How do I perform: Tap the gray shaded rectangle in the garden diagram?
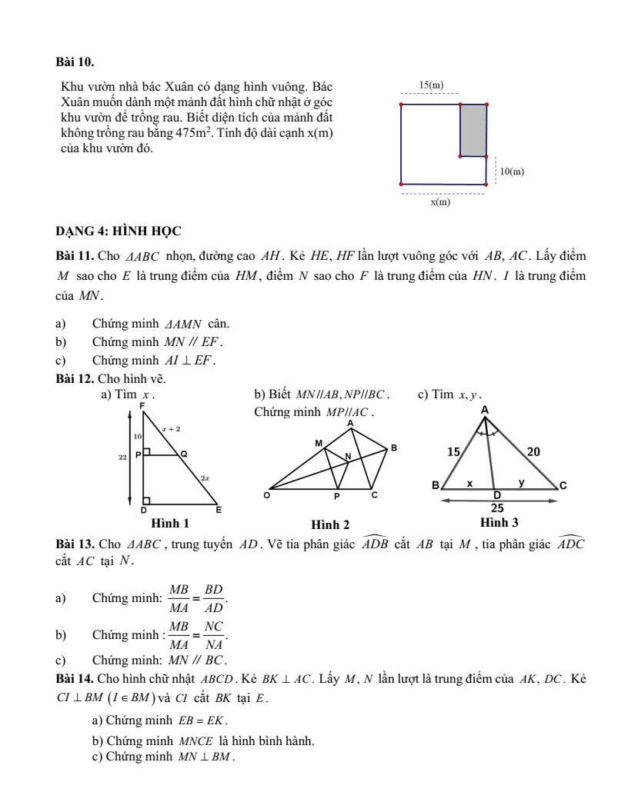point(473,130)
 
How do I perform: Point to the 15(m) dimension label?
point(430,85)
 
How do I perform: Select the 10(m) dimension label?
point(512,172)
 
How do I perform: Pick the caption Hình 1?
point(170,523)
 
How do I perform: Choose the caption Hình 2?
point(330,524)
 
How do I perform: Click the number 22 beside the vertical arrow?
point(122,457)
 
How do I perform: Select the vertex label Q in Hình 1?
point(183,454)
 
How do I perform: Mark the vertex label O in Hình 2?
point(267,496)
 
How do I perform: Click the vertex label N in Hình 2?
point(347,457)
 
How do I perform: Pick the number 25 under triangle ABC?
point(498,507)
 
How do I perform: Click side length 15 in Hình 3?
point(458,453)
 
